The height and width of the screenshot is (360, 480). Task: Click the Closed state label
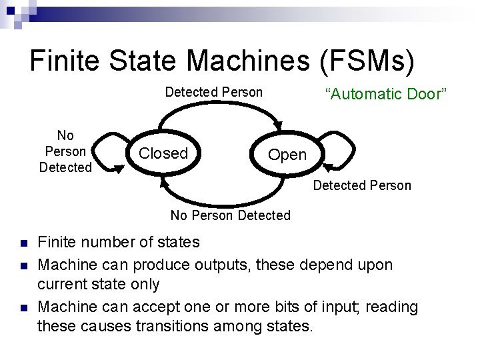tap(163, 153)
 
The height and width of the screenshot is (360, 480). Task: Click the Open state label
tap(287, 155)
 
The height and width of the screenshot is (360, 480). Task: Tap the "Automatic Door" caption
tap(385, 94)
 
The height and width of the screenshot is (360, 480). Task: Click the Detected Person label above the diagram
tap(214, 92)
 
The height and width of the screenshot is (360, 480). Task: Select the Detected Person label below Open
tap(362, 185)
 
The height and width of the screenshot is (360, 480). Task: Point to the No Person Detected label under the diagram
tap(230, 215)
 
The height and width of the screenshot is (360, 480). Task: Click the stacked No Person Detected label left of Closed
tap(65, 152)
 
